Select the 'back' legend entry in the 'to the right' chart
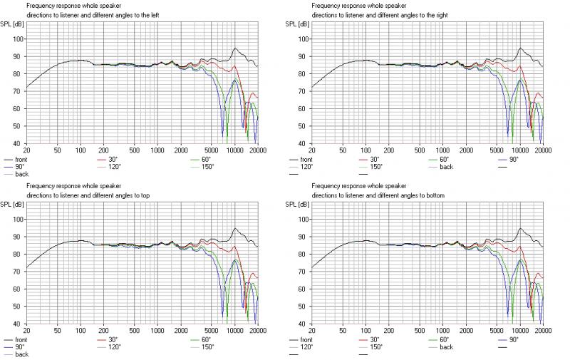pos(446,166)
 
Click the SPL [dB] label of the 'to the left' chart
pos(14,24)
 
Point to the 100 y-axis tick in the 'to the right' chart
pos(301,39)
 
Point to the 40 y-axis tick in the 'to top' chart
pos(18,323)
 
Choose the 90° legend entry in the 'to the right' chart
pos(515,160)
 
